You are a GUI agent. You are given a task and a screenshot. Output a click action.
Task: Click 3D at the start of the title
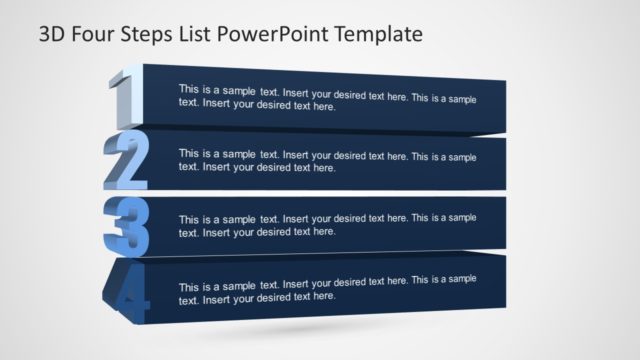tap(55, 35)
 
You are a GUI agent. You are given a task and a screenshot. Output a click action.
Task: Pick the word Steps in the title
tap(153, 35)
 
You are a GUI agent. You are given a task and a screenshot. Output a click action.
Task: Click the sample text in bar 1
tap(327, 97)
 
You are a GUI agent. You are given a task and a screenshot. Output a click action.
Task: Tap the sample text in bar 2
tap(327, 160)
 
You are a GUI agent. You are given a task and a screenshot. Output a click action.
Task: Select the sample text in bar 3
tap(327, 225)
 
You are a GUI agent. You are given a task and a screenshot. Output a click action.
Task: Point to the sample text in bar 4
tap(327, 288)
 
